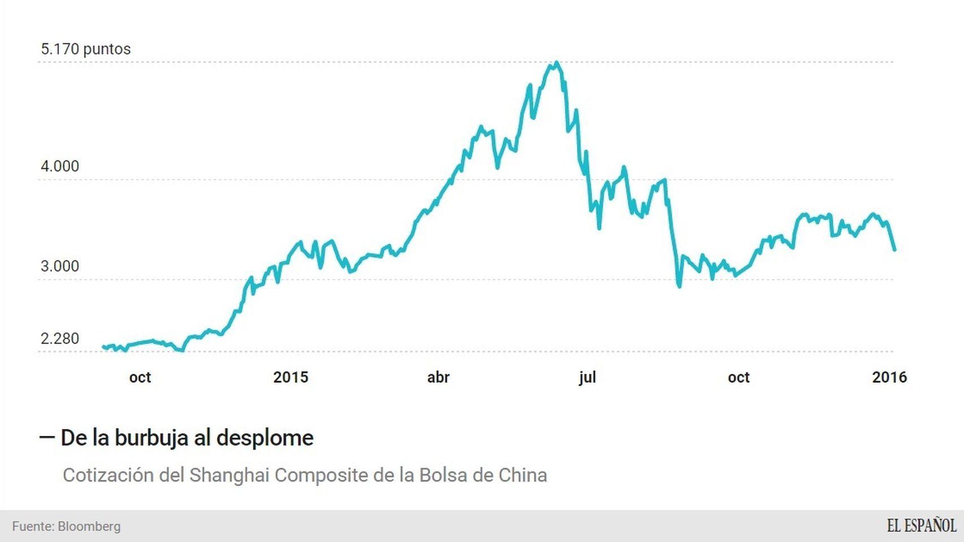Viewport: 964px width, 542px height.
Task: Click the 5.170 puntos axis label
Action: pos(85,49)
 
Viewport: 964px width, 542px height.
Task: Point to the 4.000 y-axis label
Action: pos(59,167)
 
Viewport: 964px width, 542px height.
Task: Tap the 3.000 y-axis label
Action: pos(59,266)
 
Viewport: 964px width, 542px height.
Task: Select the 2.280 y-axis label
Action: pos(59,339)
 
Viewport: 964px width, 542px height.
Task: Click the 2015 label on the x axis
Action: pos(290,377)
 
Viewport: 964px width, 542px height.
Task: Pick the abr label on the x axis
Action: pos(438,377)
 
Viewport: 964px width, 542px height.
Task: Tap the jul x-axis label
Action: pos(587,377)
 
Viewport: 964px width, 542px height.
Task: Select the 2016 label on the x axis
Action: pos(889,377)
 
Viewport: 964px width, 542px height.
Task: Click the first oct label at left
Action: pos(140,377)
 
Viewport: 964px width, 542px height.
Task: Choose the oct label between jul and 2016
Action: pos(738,377)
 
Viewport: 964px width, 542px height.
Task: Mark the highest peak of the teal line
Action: pos(557,63)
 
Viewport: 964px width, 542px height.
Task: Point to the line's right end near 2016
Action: pos(894,250)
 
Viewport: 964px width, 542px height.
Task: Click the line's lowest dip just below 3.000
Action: pos(679,286)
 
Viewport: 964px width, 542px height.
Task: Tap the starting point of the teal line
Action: pos(103,347)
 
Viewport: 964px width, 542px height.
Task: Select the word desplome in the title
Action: pos(264,438)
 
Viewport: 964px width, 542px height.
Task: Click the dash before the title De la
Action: pos(47,437)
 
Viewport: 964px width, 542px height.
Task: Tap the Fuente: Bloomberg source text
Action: pos(66,526)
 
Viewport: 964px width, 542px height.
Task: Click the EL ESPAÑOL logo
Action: pos(921,526)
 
